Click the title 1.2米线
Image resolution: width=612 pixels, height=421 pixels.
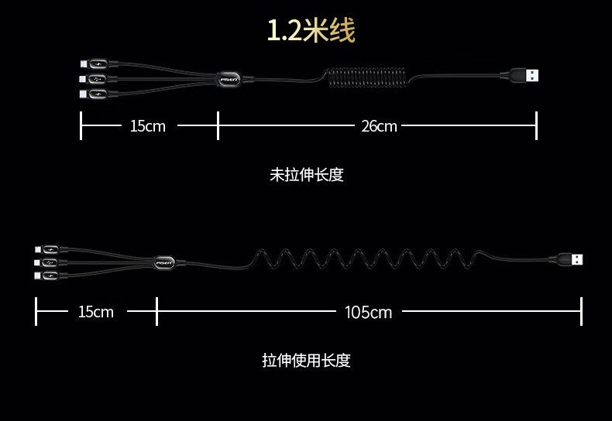tap(311, 31)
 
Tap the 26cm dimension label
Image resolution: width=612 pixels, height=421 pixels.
tap(379, 125)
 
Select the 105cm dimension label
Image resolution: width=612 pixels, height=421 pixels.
tap(368, 312)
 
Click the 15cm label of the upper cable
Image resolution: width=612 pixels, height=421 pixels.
tap(147, 125)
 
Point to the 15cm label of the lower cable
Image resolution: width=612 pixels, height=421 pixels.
tap(95, 312)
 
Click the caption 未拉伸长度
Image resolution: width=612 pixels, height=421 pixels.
tap(306, 175)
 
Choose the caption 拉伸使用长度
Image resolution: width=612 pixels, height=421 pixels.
tap(306, 361)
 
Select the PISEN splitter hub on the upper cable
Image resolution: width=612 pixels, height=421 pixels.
tap(230, 78)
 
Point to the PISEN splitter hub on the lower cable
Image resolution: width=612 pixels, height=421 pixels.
tap(165, 263)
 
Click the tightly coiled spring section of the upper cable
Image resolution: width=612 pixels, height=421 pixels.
tap(364, 78)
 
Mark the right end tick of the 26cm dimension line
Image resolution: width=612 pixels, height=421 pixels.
tap(536, 125)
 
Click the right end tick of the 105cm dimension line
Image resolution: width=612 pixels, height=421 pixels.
tap(581, 312)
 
